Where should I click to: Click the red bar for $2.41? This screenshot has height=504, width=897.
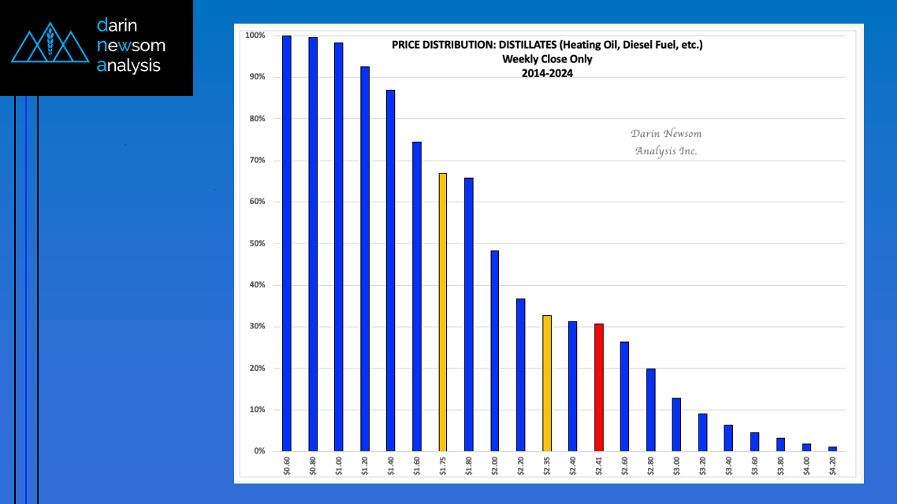pos(599,387)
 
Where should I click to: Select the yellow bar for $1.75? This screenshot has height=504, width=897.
pos(443,313)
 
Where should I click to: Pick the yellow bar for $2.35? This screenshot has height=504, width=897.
pos(547,384)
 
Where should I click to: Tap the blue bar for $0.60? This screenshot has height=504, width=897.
pos(287,243)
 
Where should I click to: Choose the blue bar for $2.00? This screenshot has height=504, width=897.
pos(495,351)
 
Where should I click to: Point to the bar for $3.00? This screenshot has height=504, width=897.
pos(676,424)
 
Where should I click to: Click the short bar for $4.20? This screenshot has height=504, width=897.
pos(832,449)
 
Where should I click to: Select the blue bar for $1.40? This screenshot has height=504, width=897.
pos(391,271)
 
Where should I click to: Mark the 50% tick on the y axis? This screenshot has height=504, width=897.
pos(258,243)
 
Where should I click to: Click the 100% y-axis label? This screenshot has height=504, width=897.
pos(255,35)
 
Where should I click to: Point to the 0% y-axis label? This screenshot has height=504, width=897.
pos(259,451)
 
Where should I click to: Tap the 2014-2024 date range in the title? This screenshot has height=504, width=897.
pos(547,73)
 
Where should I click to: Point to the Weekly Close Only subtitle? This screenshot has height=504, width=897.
pos(547,59)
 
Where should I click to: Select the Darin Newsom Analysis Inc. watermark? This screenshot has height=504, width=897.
pos(666,143)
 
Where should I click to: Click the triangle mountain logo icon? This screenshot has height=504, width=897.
pos(50,46)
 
